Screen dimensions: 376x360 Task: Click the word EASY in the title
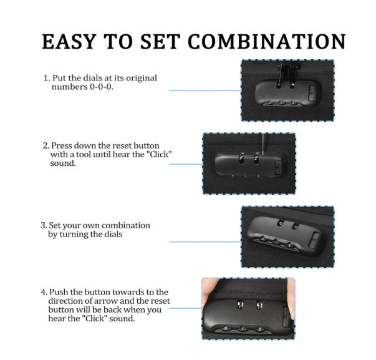click(x=69, y=42)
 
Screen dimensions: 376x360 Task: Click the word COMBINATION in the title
click(x=267, y=42)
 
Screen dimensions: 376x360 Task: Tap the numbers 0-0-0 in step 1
click(x=101, y=87)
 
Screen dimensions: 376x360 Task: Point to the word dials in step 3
click(x=113, y=234)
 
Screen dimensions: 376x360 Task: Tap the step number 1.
click(x=47, y=78)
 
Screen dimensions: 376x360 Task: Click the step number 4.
click(x=44, y=293)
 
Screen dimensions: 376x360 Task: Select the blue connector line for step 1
click(x=205, y=90)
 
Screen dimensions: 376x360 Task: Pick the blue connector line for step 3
click(x=205, y=242)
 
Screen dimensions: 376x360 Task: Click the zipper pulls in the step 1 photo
click(x=286, y=75)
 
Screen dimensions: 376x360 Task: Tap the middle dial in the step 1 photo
click(x=281, y=103)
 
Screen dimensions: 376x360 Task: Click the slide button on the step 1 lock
click(x=312, y=93)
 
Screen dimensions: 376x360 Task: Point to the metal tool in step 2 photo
click(x=263, y=144)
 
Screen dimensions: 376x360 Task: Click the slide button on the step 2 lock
click(x=278, y=167)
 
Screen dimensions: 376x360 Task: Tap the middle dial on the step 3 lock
click(x=276, y=241)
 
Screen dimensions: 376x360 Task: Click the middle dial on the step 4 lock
click(x=243, y=329)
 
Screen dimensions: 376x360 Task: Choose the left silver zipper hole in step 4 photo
click(x=240, y=305)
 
